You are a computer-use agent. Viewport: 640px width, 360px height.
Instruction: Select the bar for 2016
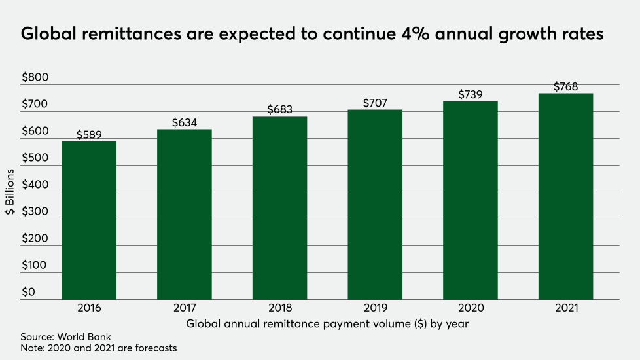(x=89, y=220)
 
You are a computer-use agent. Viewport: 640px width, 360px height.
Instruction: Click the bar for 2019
(x=375, y=204)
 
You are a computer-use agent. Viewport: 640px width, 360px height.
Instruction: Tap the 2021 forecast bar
(x=565, y=196)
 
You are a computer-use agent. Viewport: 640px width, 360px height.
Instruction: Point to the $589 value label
(x=89, y=135)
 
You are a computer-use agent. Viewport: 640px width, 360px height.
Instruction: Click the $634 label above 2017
(x=185, y=122)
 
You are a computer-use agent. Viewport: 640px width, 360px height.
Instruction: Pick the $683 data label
(x=280, y=109)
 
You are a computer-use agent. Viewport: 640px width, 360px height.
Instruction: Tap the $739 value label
(x=471, y=94)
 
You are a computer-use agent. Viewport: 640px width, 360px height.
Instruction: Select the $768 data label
(x=565, y=86)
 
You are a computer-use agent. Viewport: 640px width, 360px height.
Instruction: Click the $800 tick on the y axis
(x=35, y=78)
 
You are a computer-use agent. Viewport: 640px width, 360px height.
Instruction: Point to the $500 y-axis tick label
(x=35, y=158)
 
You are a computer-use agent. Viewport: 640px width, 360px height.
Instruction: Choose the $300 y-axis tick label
(x=35, y=212)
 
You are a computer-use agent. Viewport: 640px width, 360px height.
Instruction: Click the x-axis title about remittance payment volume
(x=327, y=323)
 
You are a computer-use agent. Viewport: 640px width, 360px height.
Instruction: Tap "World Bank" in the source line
(x=89, y=337)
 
